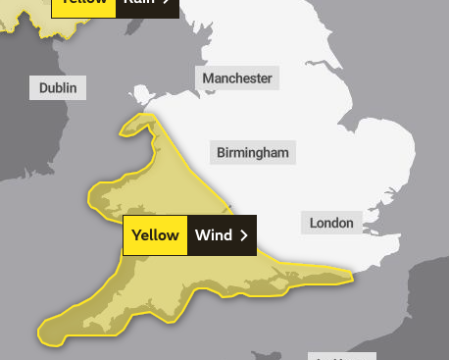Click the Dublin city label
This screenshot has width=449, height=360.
[x=58, y=87]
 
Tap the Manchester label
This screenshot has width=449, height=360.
[x=237, y=77]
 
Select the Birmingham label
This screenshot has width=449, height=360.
[x=253, y=152]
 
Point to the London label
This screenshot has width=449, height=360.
[x=331, y=223]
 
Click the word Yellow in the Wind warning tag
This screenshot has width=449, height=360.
[x=155, y=235]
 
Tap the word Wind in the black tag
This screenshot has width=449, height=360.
[x=213, y=235]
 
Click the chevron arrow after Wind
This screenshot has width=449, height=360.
[x=243, y=235]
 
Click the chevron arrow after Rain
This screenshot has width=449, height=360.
[x=170, y=4]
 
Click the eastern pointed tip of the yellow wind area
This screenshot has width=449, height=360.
[x=350, y=278]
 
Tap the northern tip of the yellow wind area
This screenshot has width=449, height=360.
[x=150, y=117]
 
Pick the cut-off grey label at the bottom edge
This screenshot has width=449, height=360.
[x=341, y=356]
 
